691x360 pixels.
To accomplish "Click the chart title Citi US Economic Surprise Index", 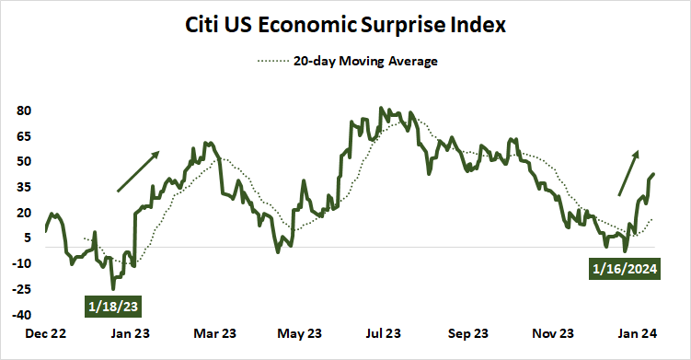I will coord(345,25).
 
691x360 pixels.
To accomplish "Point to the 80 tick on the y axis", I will coord(25,110).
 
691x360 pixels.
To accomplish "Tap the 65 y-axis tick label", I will coord(25,136).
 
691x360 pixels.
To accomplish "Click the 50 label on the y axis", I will coord(25,161).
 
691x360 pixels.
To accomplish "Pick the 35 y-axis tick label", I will coord(25,187).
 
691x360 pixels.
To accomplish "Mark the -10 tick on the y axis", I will coord(23,263).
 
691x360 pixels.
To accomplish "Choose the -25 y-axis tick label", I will coord(23,289).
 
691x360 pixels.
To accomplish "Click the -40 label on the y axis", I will coord(23,314).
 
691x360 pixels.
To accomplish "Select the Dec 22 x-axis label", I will coord(46,334).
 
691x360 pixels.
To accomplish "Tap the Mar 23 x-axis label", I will coord(216,334).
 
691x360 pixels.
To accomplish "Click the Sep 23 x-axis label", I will coord(468,334).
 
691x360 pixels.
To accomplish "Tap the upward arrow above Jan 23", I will coord(138,171).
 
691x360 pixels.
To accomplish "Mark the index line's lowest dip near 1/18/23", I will coord(113,288).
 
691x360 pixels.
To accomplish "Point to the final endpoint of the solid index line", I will coord(653,174).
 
